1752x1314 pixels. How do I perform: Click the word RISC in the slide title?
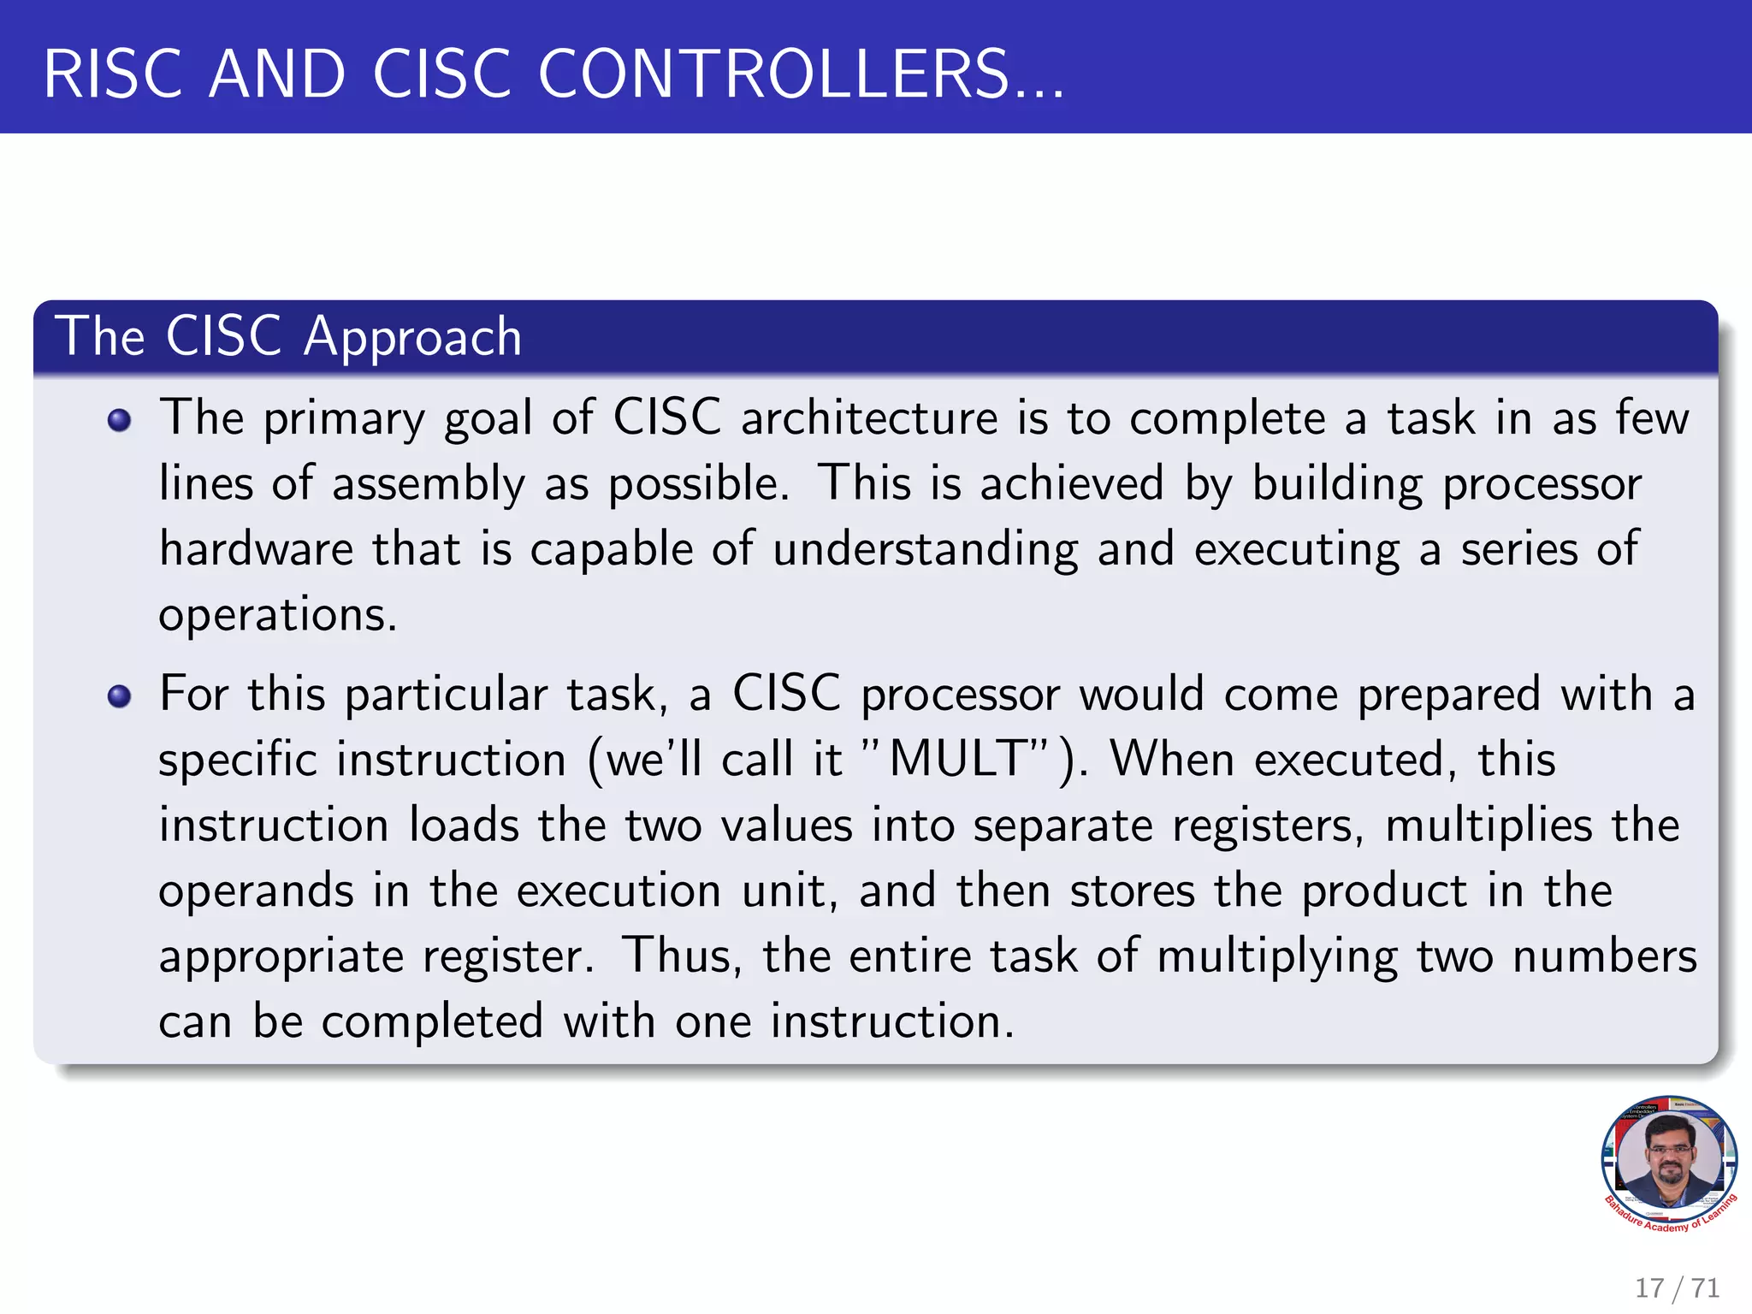[x=113, y=74]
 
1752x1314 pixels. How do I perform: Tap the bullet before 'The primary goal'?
[x=120, y=420]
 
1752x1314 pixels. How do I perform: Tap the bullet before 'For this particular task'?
[x=120, y=696]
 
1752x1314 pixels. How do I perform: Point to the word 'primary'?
[x=343, y=420]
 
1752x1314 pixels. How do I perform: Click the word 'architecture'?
[x=869, y=418]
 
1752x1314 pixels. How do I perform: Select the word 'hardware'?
[x=256, y=549]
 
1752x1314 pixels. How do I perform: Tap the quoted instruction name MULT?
[x=958, y=760]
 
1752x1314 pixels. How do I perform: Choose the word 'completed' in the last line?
[x=432, y=1021]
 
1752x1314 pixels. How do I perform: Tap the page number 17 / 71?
[x=1677, y=1287]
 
